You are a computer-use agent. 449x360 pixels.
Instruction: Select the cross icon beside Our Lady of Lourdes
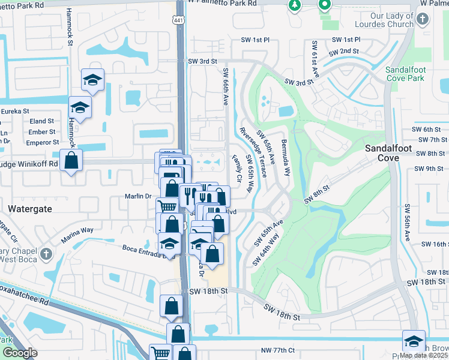point(423,19)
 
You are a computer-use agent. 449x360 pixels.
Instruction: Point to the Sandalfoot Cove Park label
point(405,74)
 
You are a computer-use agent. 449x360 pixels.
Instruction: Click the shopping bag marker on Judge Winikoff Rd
point(71,161)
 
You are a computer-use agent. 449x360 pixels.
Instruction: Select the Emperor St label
point(43,143)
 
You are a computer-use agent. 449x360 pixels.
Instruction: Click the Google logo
point(19,352)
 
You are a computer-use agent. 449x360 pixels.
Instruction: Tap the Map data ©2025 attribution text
point(424,355)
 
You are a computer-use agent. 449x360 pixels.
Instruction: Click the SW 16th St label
point(435,244)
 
